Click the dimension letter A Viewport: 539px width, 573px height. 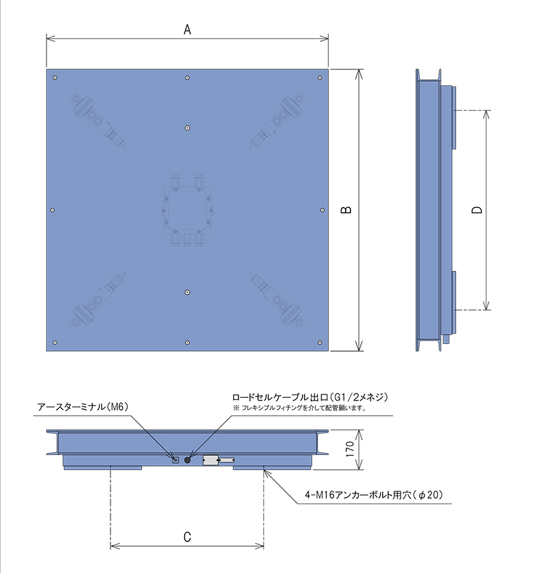[x=187, y=29]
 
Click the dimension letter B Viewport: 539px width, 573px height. [x=346, y=210]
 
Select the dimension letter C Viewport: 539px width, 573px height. [x=187, y=537]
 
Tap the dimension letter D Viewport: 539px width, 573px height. [x=477, y=210]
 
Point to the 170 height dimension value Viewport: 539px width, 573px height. [x=350, y=449]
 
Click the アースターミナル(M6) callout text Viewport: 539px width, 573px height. [x=83, y=406]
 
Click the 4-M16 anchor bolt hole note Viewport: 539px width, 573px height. [x=374, y=495]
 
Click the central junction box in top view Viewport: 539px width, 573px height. [x=187, y=210]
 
